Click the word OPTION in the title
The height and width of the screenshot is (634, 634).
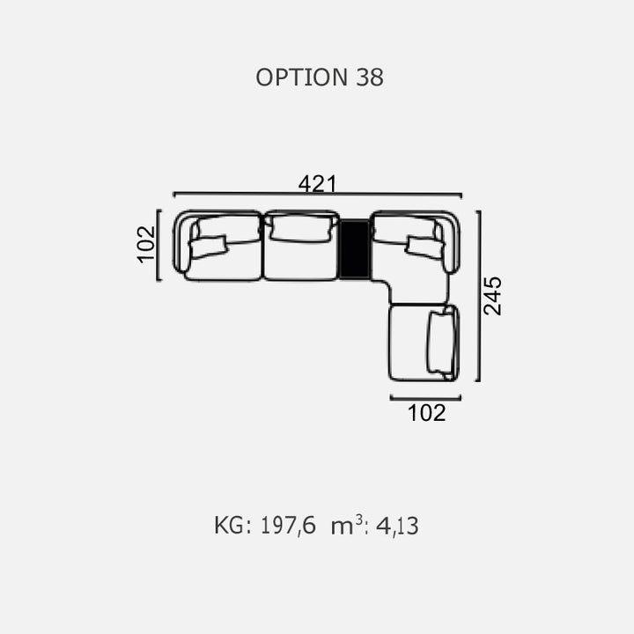[302, 77]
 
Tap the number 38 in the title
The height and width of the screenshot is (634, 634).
[370, 77]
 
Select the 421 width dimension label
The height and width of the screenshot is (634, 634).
[317, 184]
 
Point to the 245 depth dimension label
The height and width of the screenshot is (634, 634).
[493, 296]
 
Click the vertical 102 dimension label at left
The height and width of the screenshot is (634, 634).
[146, 245]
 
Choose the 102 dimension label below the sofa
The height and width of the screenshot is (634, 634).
[426, 413]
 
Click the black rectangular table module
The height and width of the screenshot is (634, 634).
[354, 249]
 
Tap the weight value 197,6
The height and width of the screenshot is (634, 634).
[288, 526]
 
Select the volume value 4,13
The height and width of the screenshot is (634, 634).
[397, 526]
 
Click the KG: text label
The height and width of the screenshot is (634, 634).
[233, 526]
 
